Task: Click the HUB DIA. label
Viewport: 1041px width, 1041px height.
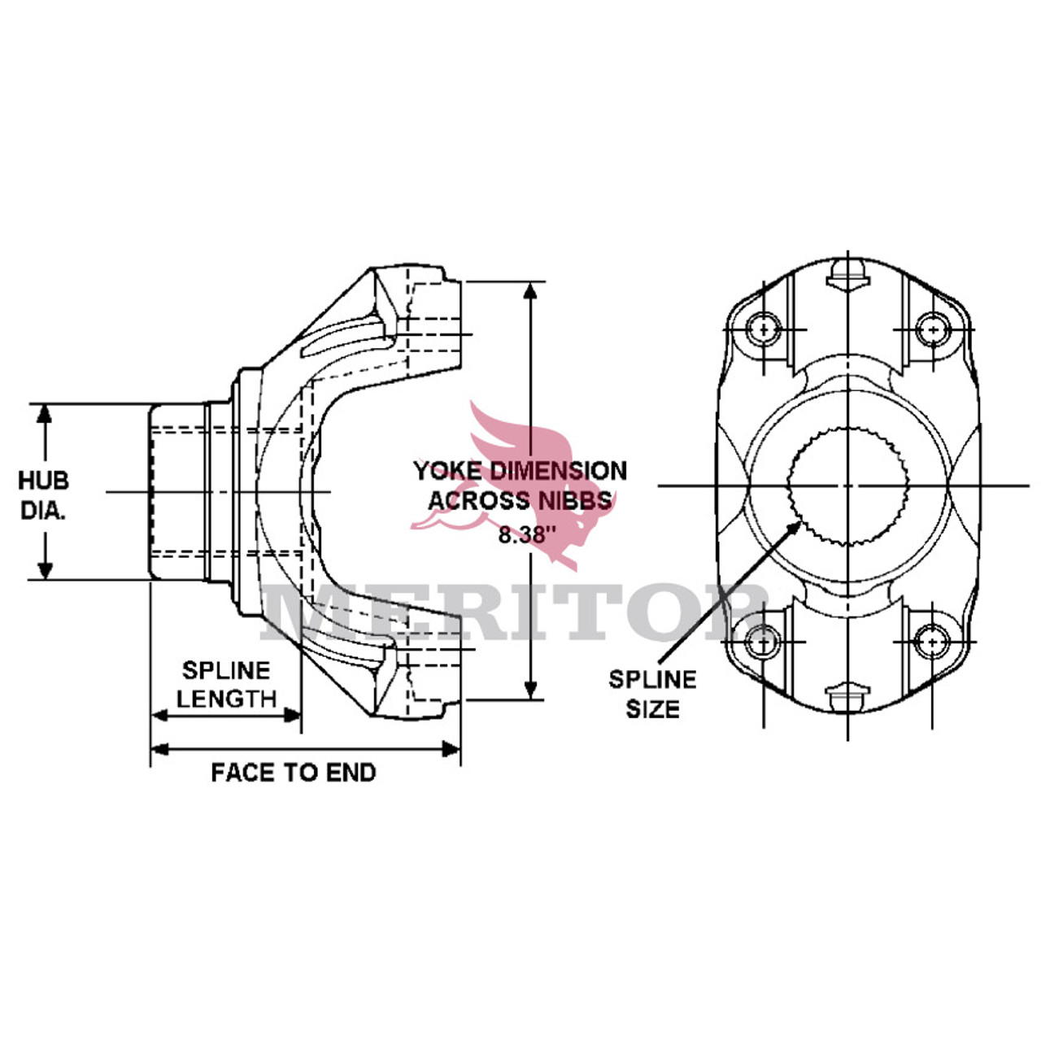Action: [x=43, y=495]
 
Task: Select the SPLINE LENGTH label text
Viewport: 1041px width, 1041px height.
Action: [x=226, y=685]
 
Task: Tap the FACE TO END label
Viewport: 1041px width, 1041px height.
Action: [x=294, y=773]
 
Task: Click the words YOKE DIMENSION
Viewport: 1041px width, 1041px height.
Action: [x=520, y=471]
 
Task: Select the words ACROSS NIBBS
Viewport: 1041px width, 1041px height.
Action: [x=520, y=500]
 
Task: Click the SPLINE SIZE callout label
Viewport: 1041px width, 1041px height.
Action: [x=652, y=694]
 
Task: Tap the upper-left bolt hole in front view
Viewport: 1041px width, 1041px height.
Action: [x=764, y=329]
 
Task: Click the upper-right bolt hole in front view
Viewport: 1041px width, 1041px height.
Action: [x=932, y=329]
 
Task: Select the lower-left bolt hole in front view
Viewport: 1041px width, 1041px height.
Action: [x=764, y=642]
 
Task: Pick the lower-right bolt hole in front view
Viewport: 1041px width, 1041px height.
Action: [x=932, y=642]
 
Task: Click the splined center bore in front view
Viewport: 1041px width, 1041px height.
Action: [x=847, y=486]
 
